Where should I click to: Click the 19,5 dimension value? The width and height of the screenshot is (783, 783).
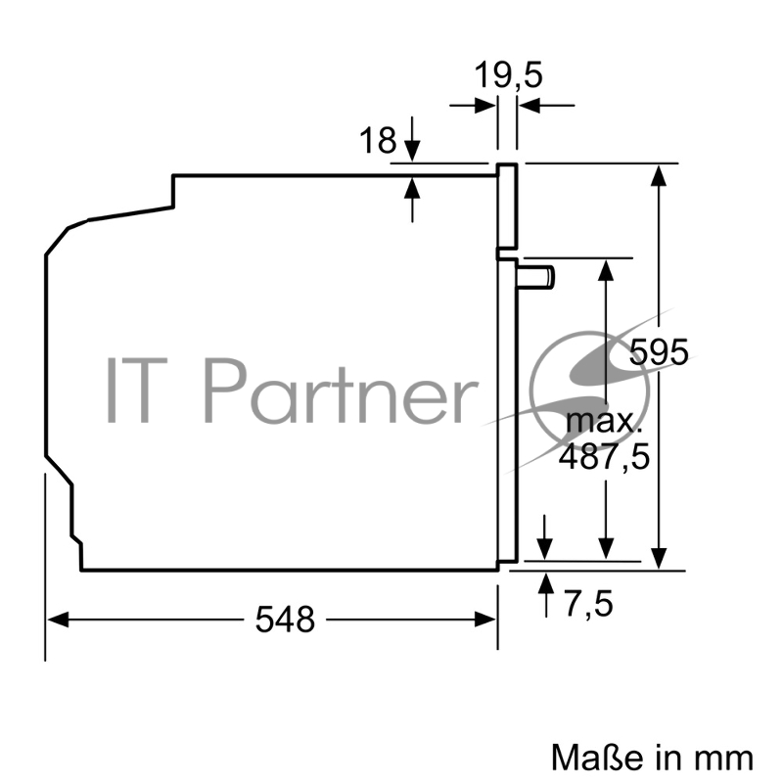[508, 75]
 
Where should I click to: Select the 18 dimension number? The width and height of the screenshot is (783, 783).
[378, 141]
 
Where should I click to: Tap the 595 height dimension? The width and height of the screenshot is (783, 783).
[659, 351]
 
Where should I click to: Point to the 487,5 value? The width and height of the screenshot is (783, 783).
[603, 456]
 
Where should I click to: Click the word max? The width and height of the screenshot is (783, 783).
[603, 423]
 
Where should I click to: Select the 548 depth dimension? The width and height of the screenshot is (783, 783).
[286, 619]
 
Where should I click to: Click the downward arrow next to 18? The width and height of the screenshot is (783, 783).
[412, 148]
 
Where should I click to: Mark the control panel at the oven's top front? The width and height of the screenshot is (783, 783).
[507, 206]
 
